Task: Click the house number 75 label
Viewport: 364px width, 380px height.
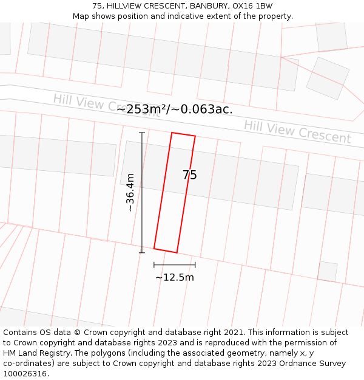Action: pos(189,175)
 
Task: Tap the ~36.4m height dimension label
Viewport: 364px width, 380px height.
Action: pos(130,192)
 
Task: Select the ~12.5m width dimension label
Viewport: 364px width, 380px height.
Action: pos(175,277)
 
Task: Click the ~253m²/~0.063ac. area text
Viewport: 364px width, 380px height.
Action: pos(175,109)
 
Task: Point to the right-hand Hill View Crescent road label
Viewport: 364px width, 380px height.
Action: pos(297,131)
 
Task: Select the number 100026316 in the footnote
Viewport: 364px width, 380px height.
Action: pos(25,373)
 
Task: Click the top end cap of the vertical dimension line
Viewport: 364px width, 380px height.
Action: pos(142,133)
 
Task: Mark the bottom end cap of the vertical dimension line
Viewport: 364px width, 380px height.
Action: pos(142,252)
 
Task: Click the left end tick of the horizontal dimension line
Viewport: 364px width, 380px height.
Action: pos(154,264)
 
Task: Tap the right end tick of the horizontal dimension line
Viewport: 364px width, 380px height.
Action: pos(195,264)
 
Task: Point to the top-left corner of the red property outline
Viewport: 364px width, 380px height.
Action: pos(172,133)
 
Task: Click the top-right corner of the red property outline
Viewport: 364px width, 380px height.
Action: pos(195,136)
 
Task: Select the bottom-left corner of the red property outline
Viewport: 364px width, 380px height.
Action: pos(154,248)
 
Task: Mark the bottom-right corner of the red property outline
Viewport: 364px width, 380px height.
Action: pos(177,252)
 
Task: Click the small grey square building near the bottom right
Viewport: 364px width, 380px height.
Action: pos(328,271)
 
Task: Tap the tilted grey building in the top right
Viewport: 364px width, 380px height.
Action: pos(328,78)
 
